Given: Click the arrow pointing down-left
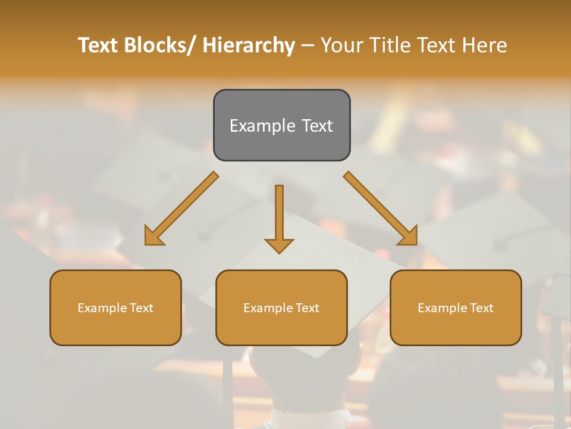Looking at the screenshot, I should pyautogui.click(x=182, y=209).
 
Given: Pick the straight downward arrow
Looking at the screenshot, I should pyautogui.click(x=279, y=217).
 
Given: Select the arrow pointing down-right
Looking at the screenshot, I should pyautogui.click(x=381, y=209).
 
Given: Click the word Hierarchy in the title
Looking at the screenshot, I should pyautogui.click(x=249, y=45).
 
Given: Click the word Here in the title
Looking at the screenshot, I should pyautogui.click(x=483, y=45).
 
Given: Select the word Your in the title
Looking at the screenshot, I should pyautogui.click(x=341, y=45).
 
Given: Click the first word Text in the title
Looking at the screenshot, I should pyautogui.click(x=98, y=45).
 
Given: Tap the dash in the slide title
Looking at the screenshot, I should pyautogui.click(x=308, y=45).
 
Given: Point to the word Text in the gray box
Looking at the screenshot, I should pyautogui.click(x=316, y=126).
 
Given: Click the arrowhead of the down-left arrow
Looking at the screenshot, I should pyautogui.click(x=153, y=236).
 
